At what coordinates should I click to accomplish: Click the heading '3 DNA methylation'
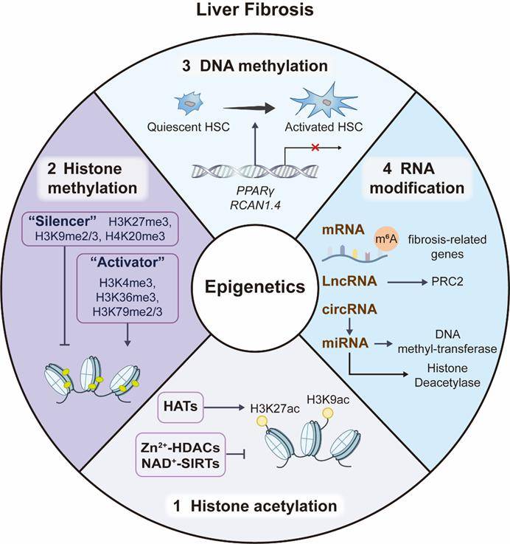(254, 66)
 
